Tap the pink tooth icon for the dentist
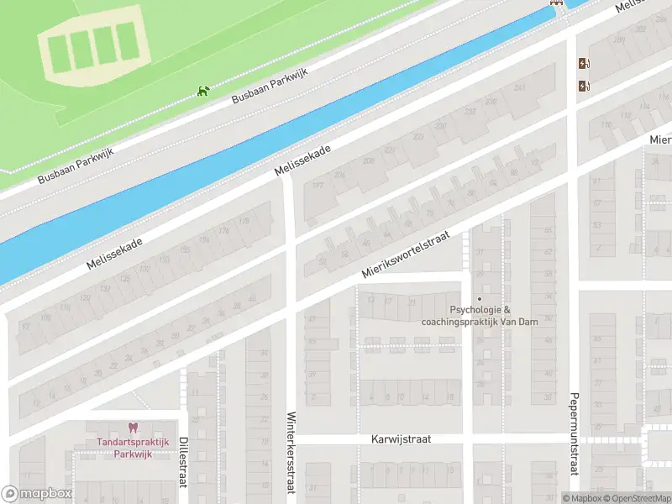pyautogui.click(x=131, y=428)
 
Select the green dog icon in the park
pyautogui.click(x=202, y=91)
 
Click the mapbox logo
pyautogui.click(x=37, y=494)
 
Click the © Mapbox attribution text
pyautogui.click(x=580, y=498)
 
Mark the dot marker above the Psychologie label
pyautogui.click(x=480, y=298)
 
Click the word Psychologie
pyautogui.click(x=476, y=310)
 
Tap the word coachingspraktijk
pyautogui.click(x=468, y=321)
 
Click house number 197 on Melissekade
pyautogui.click(x=318, y=186)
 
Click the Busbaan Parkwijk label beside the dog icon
pyautogui.click(x=270, y=87)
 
